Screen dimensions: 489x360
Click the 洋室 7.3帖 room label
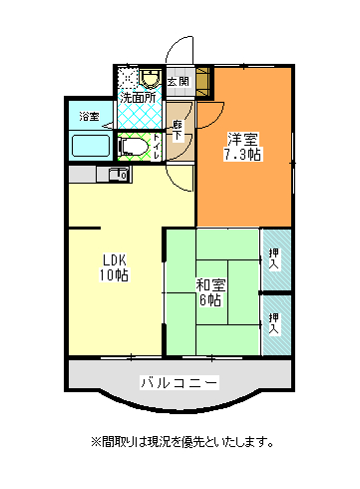[243, 146]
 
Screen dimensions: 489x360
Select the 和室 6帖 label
[210, 292]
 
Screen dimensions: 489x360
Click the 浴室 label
[89, 117]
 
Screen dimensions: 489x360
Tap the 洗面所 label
[138, 98]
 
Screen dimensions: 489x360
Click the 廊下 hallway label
[178, 130]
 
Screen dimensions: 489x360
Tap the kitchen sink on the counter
[117, 175]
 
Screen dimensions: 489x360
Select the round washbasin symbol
[151, 77]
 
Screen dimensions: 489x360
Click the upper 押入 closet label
[274, 257]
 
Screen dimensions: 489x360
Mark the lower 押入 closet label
[274, 321]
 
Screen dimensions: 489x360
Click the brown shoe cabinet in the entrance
[202, 80]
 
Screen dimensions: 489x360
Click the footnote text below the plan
[181, 441]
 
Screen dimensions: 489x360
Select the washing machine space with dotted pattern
[127, 77]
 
